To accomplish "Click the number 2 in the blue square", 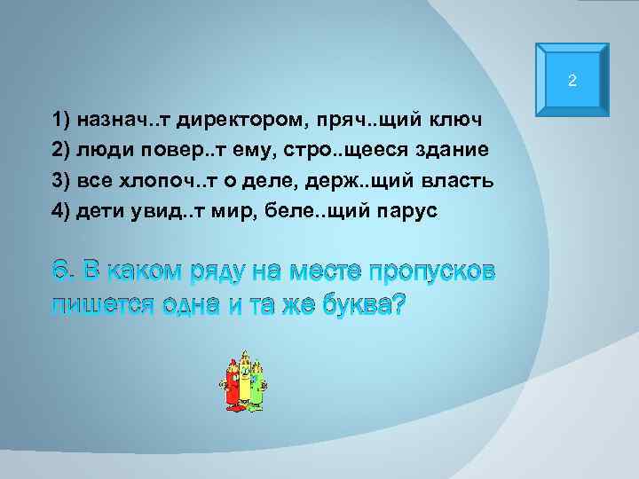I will point(572,82).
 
